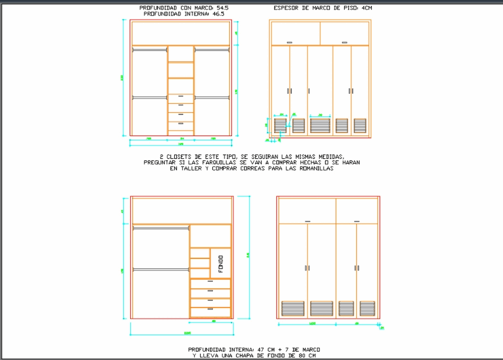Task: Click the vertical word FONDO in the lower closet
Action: coord(221,263)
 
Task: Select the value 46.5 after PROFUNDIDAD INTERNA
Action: coord(218,14)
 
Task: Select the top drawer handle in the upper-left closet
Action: coord(181,96)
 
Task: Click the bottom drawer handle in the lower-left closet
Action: coord(210,309)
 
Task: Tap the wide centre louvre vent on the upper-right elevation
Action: coord(320,125)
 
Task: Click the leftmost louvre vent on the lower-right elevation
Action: coord(293,309)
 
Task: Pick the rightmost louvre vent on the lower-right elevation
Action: coord(367,309)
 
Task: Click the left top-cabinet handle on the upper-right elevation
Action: coord(290,42)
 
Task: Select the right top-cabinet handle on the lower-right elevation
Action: coord(356,221)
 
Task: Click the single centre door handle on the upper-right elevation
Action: coord(308,91)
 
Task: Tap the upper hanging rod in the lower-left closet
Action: coord(160,228)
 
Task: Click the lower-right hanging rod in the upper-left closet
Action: coord(212,97)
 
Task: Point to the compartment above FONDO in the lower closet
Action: coord(210,236)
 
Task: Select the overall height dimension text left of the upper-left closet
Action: coord(123,78)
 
